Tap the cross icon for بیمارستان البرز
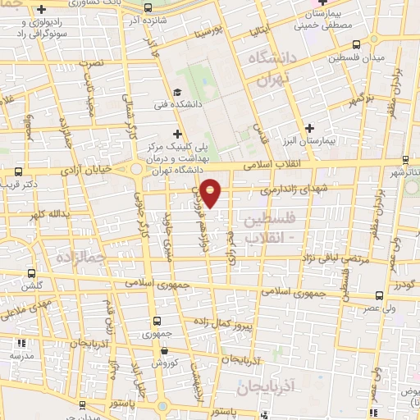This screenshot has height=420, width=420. pos(309,127)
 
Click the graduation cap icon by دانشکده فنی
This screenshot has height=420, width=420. pos(177,92)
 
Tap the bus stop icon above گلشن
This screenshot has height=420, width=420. pos(32,274)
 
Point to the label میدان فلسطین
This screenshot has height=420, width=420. pos(350,59)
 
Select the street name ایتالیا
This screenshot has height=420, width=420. pos(257,31)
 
